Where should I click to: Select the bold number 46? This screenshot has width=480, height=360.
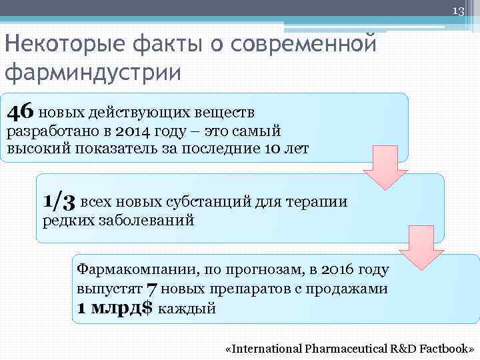tap(21, 110)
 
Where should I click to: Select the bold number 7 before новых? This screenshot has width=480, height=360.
tap(152, 289)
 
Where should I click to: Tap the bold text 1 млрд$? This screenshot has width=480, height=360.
tap(115, 308)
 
